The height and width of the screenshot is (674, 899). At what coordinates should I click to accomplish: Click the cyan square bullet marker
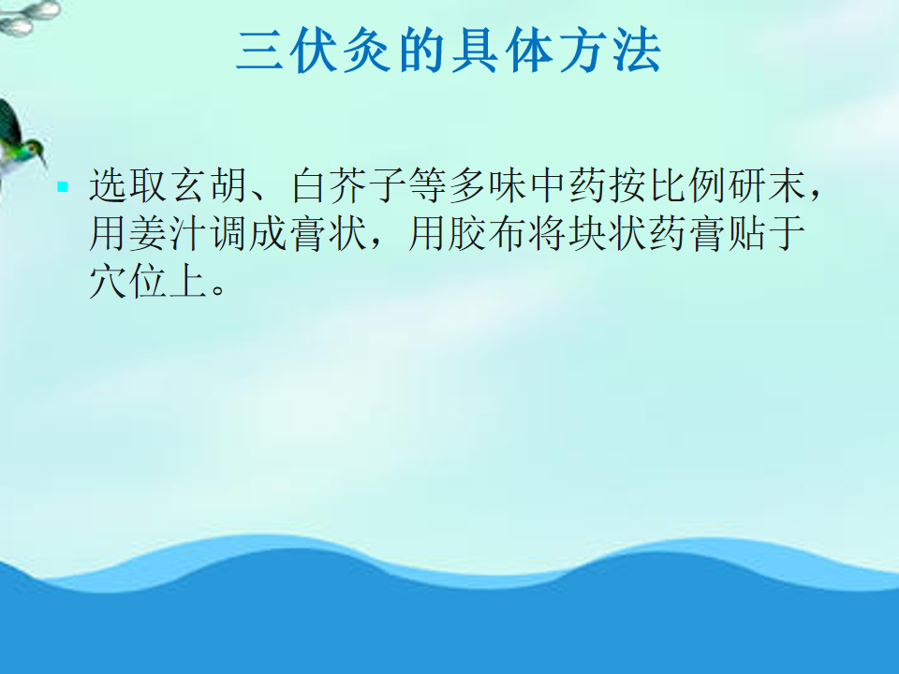(63, 186)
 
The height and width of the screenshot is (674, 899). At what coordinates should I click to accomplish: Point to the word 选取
(128, 185)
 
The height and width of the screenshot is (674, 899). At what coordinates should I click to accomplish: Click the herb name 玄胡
(209, 185)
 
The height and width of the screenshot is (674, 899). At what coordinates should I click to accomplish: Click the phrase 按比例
(668, 185)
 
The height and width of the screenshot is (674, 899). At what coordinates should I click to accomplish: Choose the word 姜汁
(168, 234)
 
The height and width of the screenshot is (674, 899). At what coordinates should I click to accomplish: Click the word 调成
(248, 234)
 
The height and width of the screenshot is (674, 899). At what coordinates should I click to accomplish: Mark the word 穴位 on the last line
(128, 282)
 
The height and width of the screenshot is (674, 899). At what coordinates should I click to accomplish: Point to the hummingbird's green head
(35, 148)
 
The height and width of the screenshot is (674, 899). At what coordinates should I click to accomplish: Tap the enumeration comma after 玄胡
(258, 195)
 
